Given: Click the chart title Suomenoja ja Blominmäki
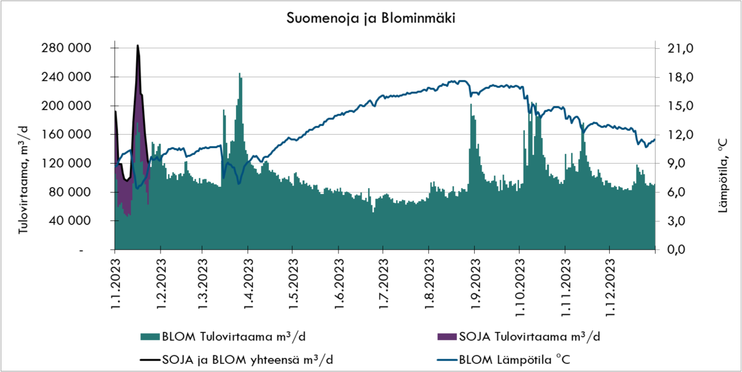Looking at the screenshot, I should (371, 19).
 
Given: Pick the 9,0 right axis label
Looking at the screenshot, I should (674, 164).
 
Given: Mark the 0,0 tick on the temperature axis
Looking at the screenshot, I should (674, 250).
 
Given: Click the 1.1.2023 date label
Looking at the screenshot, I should (115, 284).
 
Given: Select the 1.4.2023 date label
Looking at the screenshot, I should (248, 284).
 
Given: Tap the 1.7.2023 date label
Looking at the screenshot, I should (383, 284).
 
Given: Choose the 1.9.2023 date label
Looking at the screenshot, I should (474, 284).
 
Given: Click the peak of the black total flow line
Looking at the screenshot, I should (137, 45).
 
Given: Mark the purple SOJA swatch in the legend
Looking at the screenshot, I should (446, 337).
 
